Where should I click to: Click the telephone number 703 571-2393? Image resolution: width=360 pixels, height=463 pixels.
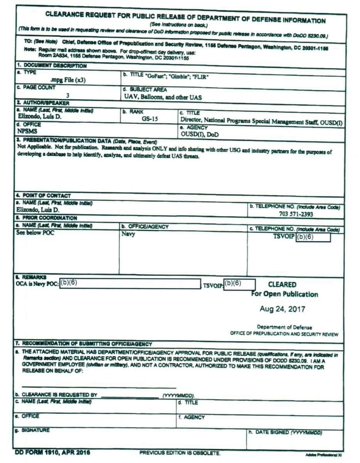[x=296, y=214]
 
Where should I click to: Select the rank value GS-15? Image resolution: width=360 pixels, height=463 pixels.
[x=150, y=119]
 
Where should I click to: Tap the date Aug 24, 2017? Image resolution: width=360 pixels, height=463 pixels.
[x=283, y=309]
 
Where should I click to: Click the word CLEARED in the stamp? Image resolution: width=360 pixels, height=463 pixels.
[x=282, y=285]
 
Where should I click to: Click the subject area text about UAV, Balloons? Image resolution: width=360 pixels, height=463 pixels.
[x=163, y=97]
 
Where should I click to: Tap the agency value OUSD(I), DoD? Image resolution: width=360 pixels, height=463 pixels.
[x=199, y=135]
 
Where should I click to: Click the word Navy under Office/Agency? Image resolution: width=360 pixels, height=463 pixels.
[x=128, y=234]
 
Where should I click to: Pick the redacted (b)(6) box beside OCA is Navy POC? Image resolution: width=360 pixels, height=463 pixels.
[x=130, y=284]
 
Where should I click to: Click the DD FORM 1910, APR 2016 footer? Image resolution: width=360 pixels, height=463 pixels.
[x=53, y=452]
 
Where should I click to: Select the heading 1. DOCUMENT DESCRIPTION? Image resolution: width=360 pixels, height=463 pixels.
[x=51, y=66]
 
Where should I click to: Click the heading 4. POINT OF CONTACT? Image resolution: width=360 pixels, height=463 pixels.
[x=43, y=196]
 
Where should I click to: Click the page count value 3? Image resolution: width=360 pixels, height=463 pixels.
[x=68, y=95]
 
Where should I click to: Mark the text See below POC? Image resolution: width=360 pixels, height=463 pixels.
[x=35, y=232]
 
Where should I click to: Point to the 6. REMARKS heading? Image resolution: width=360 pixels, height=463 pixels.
[x=31, y=277]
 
